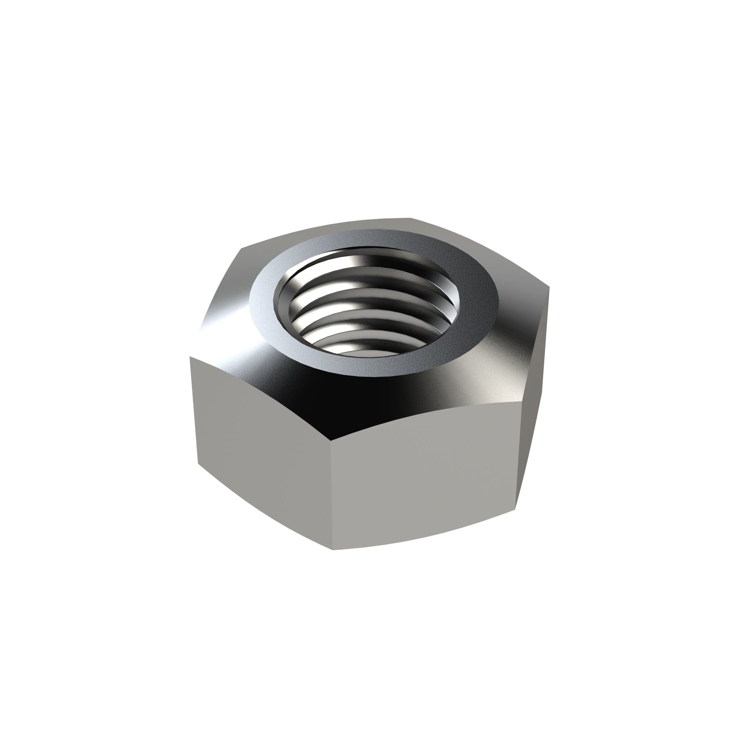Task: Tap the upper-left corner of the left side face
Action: [189, 357]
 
